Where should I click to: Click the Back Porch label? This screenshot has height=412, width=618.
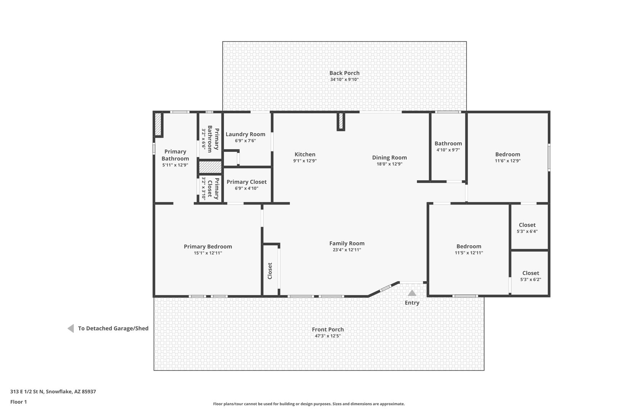[x=344, y=73]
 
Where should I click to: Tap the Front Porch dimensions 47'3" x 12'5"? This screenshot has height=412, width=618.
[x=328, y=336]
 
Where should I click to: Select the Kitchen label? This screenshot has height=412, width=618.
[x=305, y=154]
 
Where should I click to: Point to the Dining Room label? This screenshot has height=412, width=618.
[x=389, y=158]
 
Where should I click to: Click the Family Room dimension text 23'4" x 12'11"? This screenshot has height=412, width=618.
[x=347, y=250]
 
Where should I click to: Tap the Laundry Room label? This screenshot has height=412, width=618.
[x=245, y=134]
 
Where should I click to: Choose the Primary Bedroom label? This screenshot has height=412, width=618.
[x=208, y=246]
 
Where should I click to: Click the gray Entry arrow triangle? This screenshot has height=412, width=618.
[x=412, y=293]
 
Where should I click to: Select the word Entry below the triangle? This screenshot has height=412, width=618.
[x=412, y=303]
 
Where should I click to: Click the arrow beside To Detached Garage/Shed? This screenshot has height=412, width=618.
[x=71, y=328]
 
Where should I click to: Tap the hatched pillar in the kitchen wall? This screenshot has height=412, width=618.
[x=341, y=121]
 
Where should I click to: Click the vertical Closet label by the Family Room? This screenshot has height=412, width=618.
[x=270, y=271]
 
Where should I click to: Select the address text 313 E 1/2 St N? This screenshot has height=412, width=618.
[x=27, y=391]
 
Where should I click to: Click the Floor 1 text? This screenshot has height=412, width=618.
[x=18, y=402]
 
